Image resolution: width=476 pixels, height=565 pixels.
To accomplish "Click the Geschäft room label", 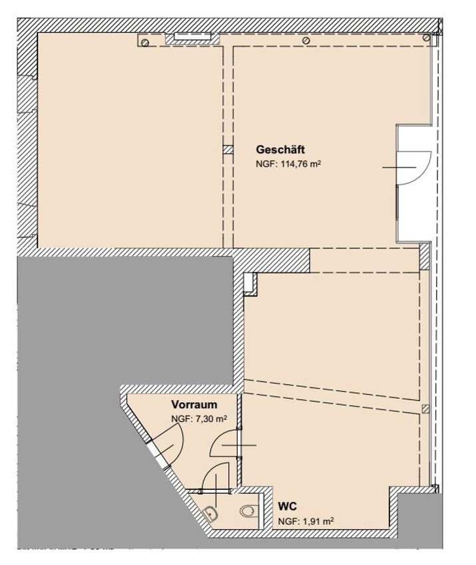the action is pyautogui.click(x=280, y=150).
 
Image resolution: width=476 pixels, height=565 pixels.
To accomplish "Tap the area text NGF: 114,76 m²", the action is pyautogui.click(x=288, y=164).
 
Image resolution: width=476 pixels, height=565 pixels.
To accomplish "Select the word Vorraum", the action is pyautogui.click(x=194, y=405).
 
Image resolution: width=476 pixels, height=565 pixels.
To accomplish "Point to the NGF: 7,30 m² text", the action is pyautogui.click(x=199, y=419).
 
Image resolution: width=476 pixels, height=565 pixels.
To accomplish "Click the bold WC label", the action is pyautogui.click(x=287, y=507).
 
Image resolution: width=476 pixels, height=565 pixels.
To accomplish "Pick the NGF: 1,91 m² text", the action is pyautogui.click(x=306, y=521).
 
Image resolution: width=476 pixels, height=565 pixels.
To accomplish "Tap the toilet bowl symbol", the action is pyautogui.click(x=249, y=510).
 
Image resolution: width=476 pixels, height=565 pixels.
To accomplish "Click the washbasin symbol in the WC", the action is pyautogui.click(x=210, y=513).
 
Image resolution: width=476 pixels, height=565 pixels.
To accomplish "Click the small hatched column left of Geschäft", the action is pyautogui.click(x=228, y=150).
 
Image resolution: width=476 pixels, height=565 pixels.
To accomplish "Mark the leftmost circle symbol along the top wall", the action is pyautogui.click(x=145, y=43).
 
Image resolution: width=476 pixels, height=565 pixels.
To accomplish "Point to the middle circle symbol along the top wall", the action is pyautogui.click(x=307, y=41).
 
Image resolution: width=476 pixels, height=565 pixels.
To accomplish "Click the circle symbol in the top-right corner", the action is pyautogui.click(x=427, y=37).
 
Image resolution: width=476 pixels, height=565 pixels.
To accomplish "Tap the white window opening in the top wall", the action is pyautogui.click(x=192, y=36).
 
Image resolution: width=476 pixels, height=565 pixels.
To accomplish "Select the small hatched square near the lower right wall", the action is pyautogui.click(x=425, y=409).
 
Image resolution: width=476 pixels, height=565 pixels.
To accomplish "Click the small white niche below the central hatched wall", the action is pyautogui.click(x=249, y=284).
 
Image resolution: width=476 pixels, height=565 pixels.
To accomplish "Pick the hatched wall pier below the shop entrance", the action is pyautogui.click(x=425, y=257).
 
